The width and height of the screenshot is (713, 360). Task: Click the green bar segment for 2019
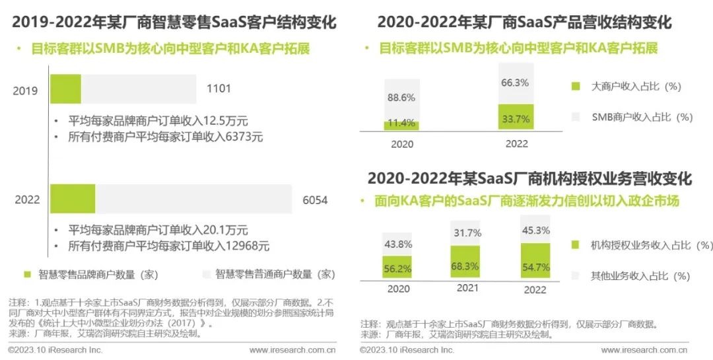pyautogui.click(x=65, y=89)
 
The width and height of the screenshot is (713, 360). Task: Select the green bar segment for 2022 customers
pyautogui.click(x=73, y=199)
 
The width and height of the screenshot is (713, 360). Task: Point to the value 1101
pyautogui.click(x=219, y=89)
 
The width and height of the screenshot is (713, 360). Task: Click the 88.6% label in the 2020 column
pyautogui.click(x=401, y=98)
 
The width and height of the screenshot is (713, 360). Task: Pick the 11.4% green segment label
pyautogui.click(x=401, y=123)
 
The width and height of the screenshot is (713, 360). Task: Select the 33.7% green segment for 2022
pyautogui.click(x=516, y=119)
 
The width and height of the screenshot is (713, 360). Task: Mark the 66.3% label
pyautogui.click(x=516, y=83)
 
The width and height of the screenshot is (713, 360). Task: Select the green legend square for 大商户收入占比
pyautogui.click(x=576, y=86)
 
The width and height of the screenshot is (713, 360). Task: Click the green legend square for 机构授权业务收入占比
pyautogui.click(x=576, y=245)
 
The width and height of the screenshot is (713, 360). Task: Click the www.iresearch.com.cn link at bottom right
pyautogui.click(x=644, y=350)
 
